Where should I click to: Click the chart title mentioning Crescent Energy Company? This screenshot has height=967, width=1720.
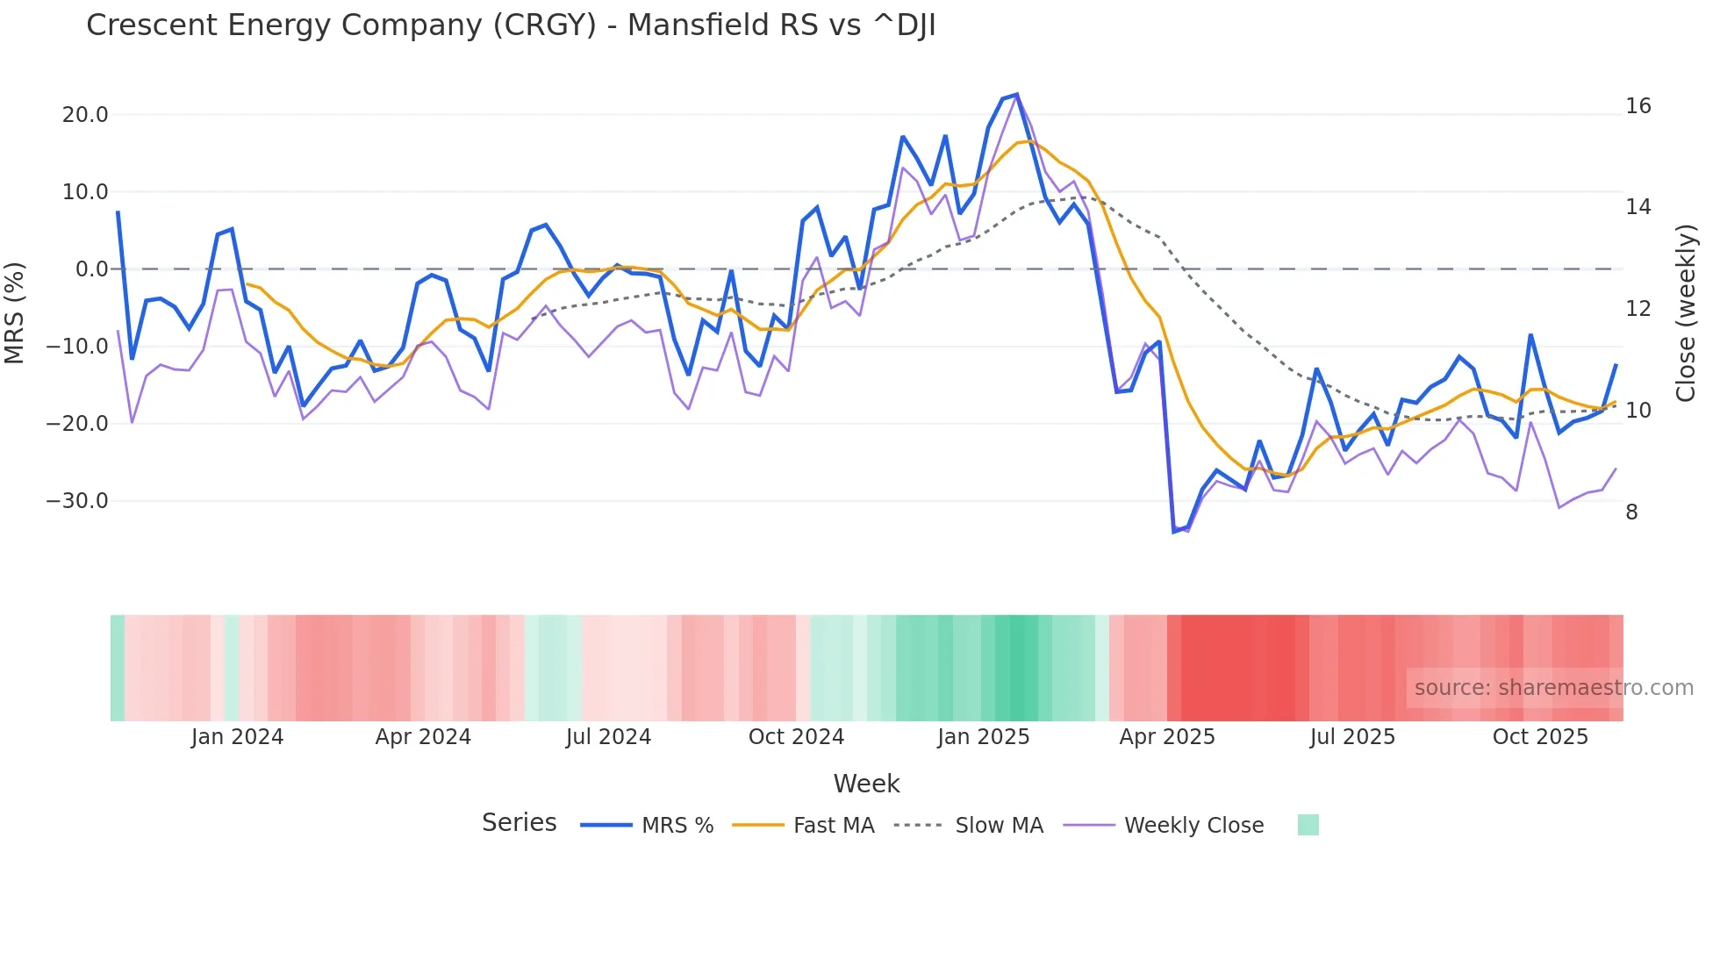511,25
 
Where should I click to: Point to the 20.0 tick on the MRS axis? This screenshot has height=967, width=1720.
85,115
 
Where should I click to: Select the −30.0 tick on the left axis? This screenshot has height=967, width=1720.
77,501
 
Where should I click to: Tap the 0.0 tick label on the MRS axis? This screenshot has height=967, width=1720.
91,269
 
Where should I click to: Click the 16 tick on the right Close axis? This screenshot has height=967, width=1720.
1638,106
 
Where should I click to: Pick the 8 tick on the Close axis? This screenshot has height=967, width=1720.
1631,512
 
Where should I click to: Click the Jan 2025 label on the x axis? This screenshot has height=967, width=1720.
983,737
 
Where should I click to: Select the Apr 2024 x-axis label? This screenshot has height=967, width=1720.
423,737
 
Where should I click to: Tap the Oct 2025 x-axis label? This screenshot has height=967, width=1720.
1540,737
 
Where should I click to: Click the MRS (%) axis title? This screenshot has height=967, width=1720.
15,312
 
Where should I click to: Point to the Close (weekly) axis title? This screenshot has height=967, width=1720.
1686,313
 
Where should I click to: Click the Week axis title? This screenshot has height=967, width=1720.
866,784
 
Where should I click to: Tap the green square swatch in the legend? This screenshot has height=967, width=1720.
1308,825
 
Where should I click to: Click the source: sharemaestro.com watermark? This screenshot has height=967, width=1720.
1553,688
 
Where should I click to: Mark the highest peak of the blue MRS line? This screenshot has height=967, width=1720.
1016,94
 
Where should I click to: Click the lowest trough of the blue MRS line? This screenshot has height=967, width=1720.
1174,532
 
